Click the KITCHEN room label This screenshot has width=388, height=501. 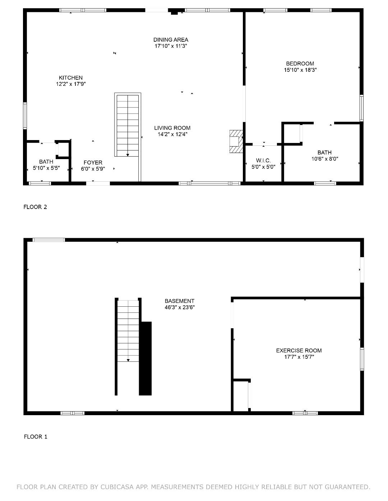(x=70, y=78)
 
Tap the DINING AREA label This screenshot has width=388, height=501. (x=171, y=40)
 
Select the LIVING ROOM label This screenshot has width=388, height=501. (x=172, y=128)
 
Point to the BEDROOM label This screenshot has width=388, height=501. (x=300, y=64)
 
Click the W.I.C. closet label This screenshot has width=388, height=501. (x=263, y=161)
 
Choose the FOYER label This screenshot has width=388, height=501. (x=93, y=163)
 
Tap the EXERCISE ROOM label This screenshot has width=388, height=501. (x=299, y=351)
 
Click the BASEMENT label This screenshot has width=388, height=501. (x=179, y=301)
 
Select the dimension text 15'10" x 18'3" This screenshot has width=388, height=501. (x=300, y=70)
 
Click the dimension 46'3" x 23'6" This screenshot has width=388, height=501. (x=180, y=307)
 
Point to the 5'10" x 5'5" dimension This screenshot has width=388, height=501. (x=46, y=168)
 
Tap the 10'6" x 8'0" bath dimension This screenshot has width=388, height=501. (x=325, y=159)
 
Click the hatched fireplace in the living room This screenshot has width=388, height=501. (x=236, y=142)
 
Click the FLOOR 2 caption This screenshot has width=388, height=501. (x=35, y=207)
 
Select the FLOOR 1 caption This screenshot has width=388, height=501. (x=36, y=437)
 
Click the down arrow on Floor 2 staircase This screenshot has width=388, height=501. (x=128, y=155)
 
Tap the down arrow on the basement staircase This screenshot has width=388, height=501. (x=128, y=360)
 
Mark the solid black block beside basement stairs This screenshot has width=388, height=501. (x=145, y=358)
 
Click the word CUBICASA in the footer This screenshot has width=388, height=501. (x=117, y=487)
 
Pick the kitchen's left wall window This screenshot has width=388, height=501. (x=25, y=116)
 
